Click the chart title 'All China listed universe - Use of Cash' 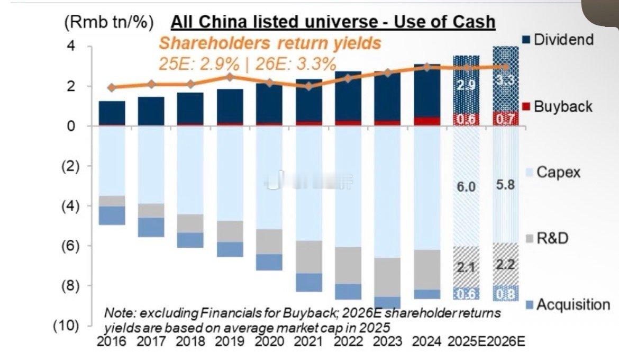[x=333, y=22]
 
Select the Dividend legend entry [x=564, y=40]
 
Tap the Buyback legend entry [x=563, y=107]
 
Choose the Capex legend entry [x=559, y=172]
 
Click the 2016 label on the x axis [x=112, y=341]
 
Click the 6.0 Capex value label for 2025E [x=466, y=187]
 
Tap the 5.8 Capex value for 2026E [x=505, y=186]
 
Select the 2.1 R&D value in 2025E [x=466, y=268]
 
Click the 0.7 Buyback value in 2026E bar [x=505, y=120]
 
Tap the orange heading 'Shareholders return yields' [x=270, y=43]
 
